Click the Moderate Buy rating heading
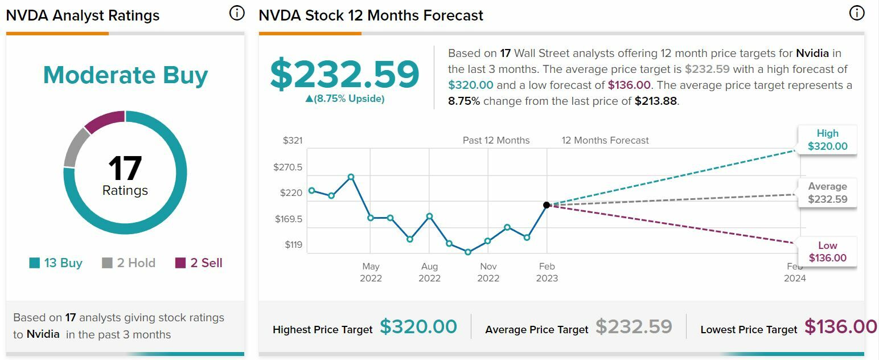tap(125, 75)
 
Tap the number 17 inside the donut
tap(125, 169)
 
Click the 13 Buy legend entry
tap(56, 263)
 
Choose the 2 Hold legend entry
tap(128, 263)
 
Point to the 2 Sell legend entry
tap(198, 263)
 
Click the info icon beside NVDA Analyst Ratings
tap(237, 14)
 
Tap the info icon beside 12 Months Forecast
tap(856, 14)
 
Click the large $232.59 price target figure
tap(344, 75)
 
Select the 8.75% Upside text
tap(344, 99)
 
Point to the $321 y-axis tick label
tap(293, 141)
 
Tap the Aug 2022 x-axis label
tap(429, 272)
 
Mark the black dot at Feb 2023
tap(547, 205)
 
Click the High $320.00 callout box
tap(827, 140)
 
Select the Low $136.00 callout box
tap(827, 252)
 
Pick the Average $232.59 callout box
tap(827, 193)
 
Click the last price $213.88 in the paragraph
tap(656, 101)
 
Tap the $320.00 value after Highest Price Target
tap(418, 327)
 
